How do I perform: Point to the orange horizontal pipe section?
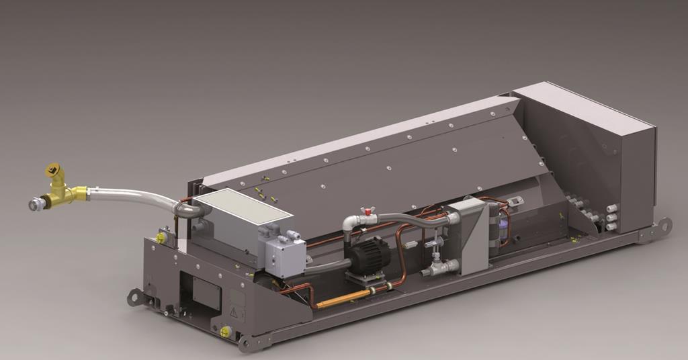pos(343,298)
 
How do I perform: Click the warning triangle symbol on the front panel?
pos(232,312)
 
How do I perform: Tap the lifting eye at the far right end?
pos(664,225)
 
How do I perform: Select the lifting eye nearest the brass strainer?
pos(136,296)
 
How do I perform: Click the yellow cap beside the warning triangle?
pos(226,331)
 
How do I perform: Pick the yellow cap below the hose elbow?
pos(161,237)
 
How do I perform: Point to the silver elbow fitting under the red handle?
pos(351,224)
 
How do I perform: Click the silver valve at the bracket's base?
pos(441,267)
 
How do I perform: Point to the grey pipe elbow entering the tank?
pos(190,210)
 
